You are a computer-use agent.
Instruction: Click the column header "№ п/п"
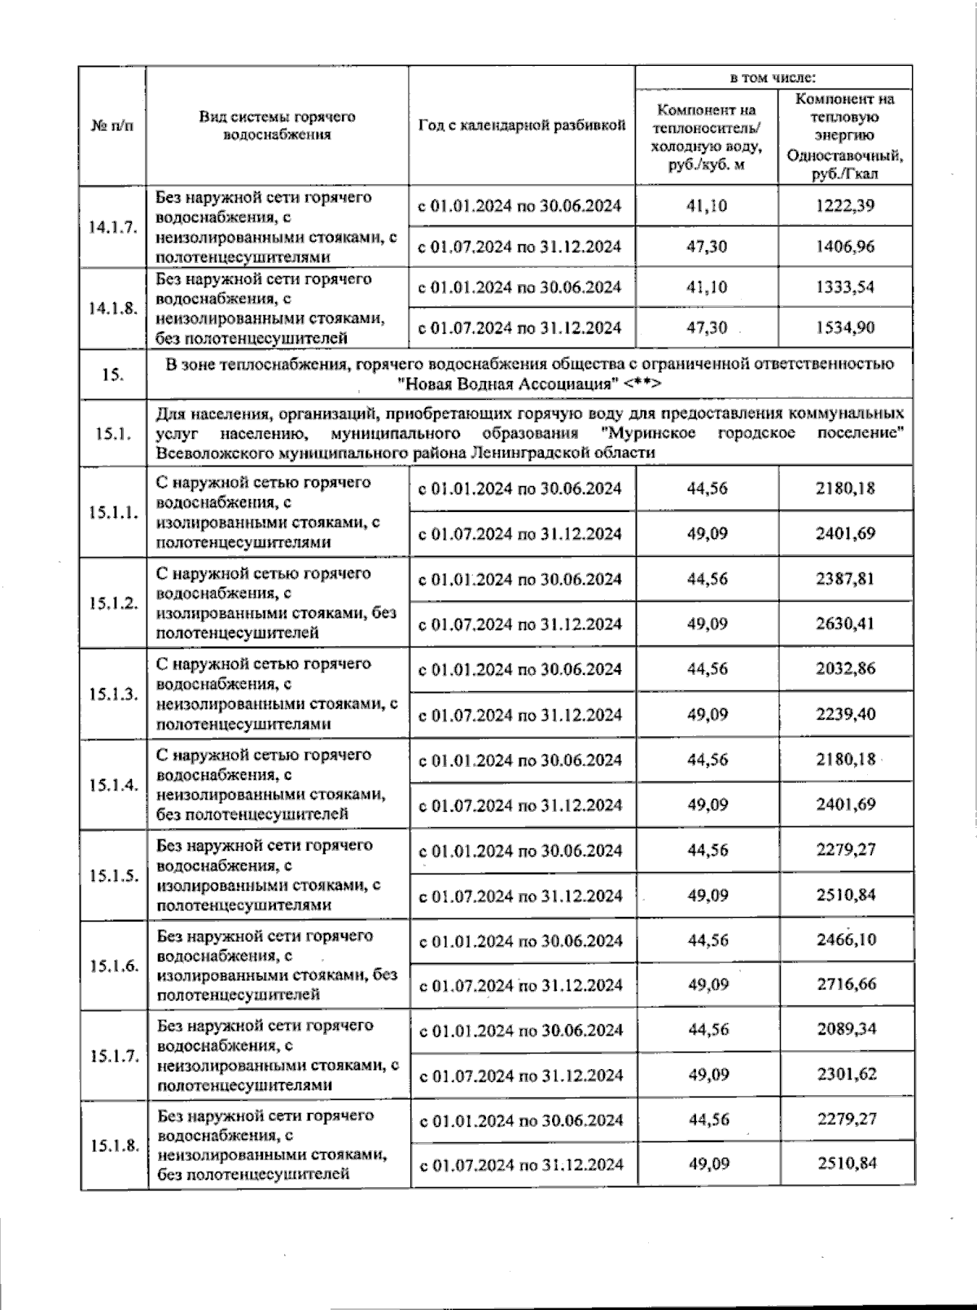112,126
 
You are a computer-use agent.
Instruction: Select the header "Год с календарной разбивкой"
521,126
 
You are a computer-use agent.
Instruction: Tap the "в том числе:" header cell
772,78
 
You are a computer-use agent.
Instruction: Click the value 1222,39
845,206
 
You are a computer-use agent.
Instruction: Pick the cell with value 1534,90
845,328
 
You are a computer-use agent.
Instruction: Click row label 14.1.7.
112,227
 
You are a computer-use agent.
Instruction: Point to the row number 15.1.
112,433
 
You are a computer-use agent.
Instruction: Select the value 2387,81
846,579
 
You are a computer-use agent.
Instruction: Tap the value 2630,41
846,624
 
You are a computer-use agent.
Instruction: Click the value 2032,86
846,669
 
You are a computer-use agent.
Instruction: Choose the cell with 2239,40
846,715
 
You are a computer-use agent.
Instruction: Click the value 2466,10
847,940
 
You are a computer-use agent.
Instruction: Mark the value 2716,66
847,984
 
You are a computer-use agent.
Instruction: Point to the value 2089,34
847,1029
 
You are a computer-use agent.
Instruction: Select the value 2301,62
847,1075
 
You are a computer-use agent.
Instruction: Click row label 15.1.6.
114,966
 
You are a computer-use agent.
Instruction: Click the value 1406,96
845,247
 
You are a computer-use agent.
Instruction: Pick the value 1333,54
845,287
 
